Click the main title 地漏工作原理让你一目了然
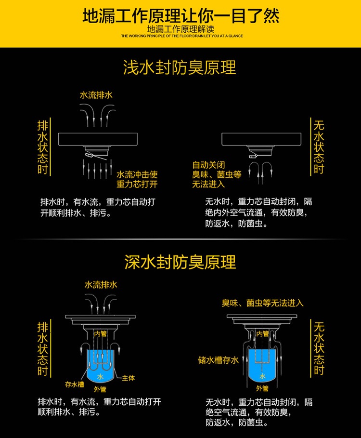click(181, 15)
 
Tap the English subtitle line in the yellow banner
click(182, 36)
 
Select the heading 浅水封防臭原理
click(180, 67)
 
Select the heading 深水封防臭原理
click(180, 262)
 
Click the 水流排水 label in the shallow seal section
click(96, 95)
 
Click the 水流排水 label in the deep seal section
click(101, 285)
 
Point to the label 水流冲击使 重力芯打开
click(137, 179)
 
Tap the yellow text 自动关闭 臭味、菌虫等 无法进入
click(217, 174)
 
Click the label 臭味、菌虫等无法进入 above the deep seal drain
click(262, 303)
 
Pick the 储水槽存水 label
click(218, 360)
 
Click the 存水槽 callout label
click(75, 385)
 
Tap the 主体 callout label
click(129, 378)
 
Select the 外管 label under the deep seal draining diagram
click(100, 389)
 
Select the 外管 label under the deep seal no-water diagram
click(262, 388)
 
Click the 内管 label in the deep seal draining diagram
click(101, 334)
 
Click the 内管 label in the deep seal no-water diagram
click(262, 333)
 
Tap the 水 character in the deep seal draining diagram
click(101, 377)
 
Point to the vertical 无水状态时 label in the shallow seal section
click(319, 147)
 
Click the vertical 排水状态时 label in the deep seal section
click(43, 348)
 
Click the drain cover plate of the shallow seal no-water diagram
click(261, 139)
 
